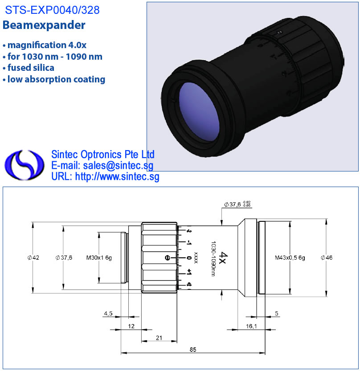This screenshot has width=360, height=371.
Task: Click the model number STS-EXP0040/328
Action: point(52,10)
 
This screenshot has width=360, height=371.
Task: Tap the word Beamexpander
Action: point(44,25)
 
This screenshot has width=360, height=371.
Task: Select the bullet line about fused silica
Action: point(29,68)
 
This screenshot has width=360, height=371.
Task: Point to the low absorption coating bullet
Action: point(54,79)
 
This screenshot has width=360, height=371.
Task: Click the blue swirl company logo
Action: point(25,165)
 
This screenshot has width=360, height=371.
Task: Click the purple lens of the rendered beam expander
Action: point(199,112)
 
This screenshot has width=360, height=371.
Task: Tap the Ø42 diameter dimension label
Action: point(33,257)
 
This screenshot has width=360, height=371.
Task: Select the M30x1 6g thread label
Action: point(99,257)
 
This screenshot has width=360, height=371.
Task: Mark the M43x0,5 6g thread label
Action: point(290,257)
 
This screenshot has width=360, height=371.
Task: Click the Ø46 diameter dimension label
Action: point(327,257)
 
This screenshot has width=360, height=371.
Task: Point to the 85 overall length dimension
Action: point(193,349)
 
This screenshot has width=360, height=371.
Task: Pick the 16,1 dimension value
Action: point(251,326)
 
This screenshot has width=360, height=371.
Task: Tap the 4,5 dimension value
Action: point(108,314)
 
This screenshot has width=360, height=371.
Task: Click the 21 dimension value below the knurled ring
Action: point(159,338)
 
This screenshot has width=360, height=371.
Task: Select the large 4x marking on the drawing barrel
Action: point(223,258)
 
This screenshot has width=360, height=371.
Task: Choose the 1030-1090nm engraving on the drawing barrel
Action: point(213,259)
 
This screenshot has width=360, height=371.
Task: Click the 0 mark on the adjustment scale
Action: point(188,257)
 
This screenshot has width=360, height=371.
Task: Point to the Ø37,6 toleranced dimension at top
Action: point(237,204)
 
